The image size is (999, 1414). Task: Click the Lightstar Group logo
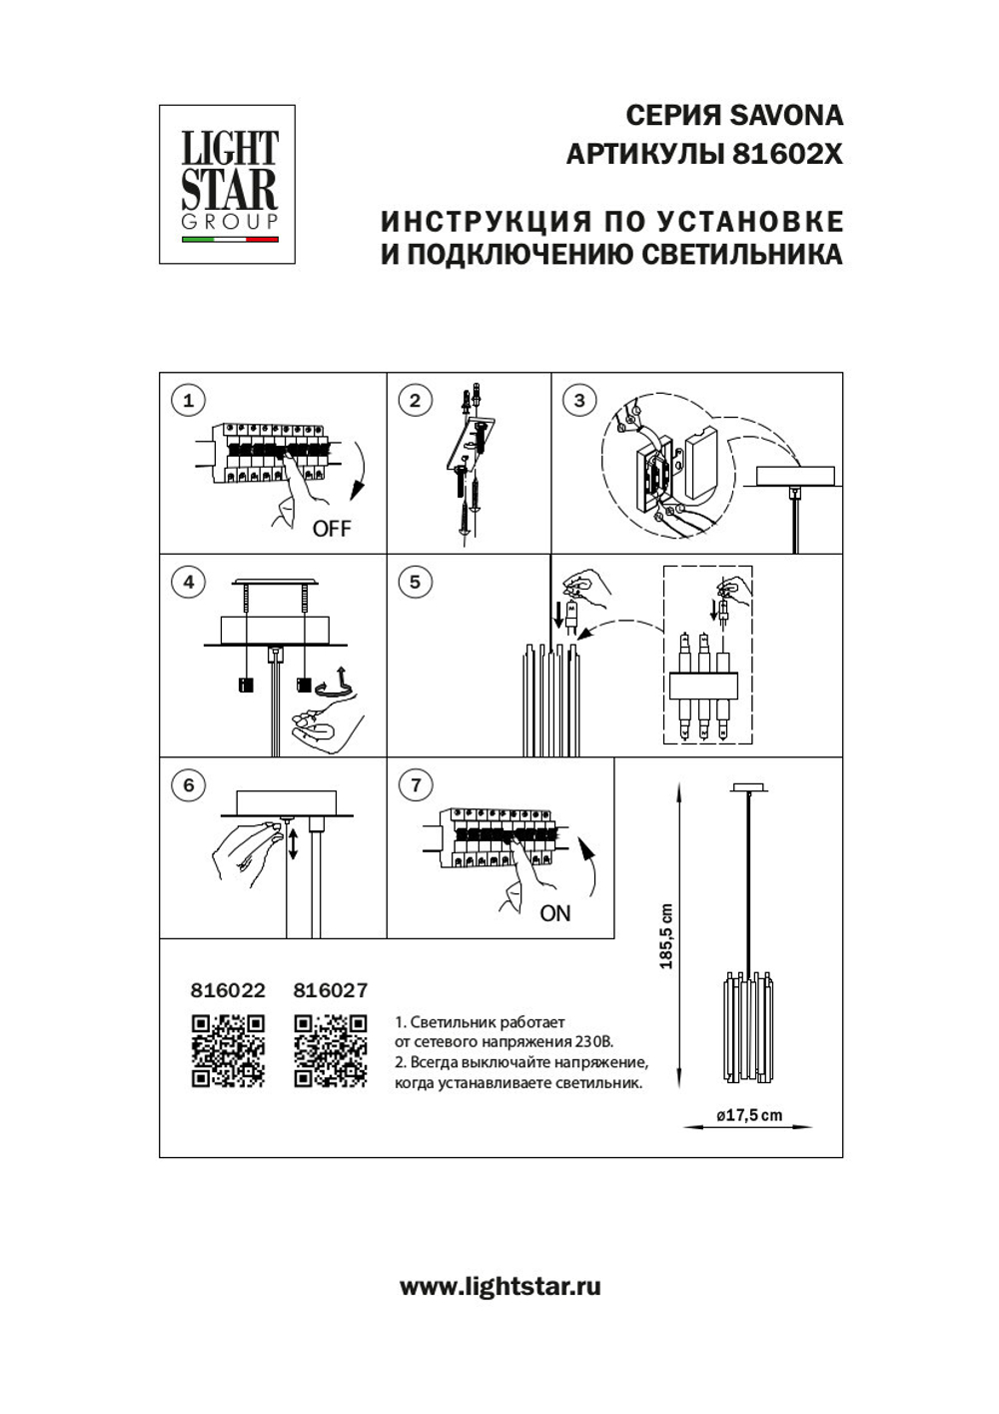(x=228, y=185)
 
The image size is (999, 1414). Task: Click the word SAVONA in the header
(x=787, y=116)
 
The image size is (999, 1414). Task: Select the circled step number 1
(x=188, y=401)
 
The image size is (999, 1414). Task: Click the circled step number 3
(x=579, y=401)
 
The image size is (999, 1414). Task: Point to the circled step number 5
(x=416, y=582)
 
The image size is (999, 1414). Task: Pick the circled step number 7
(x=416, y=784)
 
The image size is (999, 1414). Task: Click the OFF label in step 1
(x=332, y=529)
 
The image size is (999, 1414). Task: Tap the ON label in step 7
(x=554, y=913)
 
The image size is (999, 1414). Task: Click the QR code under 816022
(x=228, y=1050)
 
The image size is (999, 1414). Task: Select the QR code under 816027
(x=331, y=1050)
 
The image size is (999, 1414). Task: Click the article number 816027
(x=331, y=990)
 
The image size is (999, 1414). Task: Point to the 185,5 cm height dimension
(x=666, y=936)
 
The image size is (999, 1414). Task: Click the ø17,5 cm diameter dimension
(x=749, y=1115)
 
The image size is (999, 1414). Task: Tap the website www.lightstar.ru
(x=500, y=1286)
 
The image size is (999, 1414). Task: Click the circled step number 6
(x=188, y=784)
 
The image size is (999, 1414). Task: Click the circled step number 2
(x=416, y=401)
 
